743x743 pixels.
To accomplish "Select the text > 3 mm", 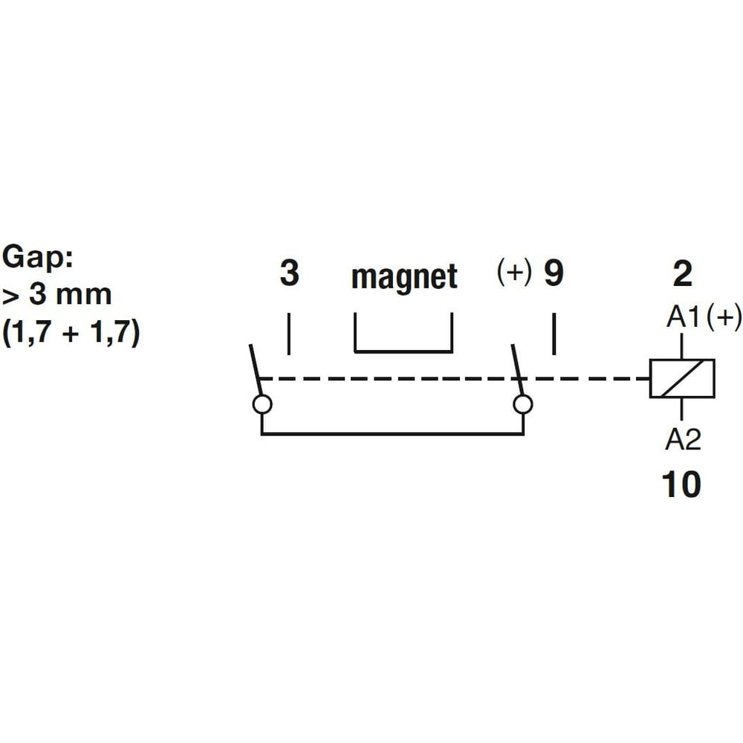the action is coord(57,295).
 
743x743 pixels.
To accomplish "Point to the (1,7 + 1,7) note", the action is coord(71,331).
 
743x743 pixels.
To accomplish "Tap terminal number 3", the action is coord(290,273).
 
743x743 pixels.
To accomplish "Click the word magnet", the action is coord(404,276).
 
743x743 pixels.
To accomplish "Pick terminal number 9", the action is coord(554,273).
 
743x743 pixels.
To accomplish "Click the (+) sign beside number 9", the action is coord(514,271).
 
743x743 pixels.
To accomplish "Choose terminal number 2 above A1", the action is coord(682,273).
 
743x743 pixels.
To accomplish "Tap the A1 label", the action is coord(683,317).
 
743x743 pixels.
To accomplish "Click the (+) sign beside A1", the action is coord(724,317).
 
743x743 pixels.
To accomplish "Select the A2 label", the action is coord(683,439).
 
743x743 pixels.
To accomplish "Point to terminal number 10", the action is coord(681,484).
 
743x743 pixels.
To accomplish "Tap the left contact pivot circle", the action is coord(262,405).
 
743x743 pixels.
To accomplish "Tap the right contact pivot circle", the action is coord(522,405).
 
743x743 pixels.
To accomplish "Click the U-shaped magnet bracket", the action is coord(403,351).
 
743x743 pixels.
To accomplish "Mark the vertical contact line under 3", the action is coord(289,334).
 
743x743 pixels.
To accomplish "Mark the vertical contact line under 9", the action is coord(554,334).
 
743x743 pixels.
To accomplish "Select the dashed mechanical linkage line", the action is coord(455,379).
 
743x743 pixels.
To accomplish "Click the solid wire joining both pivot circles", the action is coord(392,434).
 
